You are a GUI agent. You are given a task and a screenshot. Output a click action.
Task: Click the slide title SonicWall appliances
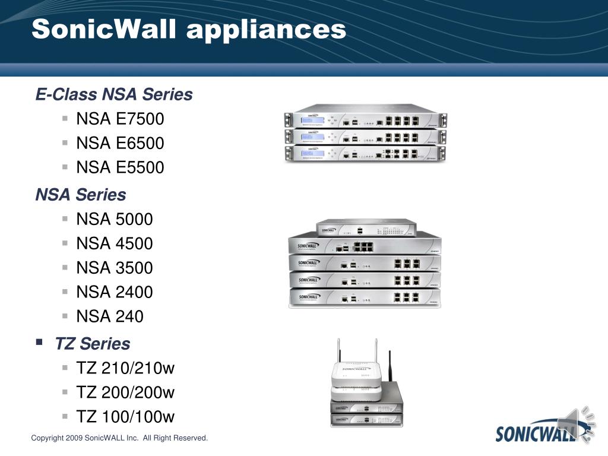pos(189,30)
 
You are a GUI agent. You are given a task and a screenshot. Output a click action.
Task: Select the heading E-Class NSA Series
pos(114,94)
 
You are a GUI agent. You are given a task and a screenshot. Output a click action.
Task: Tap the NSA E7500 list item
pos(120,119)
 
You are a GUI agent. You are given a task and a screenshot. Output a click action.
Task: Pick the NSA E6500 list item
pos(120,143)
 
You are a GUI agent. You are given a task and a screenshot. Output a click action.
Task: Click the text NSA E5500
pos(120,167)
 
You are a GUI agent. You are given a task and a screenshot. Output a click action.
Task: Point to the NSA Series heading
pos(81,195)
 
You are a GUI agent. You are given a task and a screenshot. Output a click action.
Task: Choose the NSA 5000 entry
pos(115,219)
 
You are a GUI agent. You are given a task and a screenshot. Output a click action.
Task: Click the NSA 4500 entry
pos(115,243)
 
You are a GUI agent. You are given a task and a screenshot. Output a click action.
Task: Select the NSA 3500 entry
pos(115,268)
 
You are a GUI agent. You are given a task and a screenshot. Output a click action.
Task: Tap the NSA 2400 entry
pos(115,292)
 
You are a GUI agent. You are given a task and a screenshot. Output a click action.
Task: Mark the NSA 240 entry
pos(110,316)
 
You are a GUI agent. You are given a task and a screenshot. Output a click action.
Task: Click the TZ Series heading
pos(92,344)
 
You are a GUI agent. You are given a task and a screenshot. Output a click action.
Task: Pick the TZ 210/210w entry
pos(125,368)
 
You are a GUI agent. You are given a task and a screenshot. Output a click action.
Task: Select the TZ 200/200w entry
pos(125,392)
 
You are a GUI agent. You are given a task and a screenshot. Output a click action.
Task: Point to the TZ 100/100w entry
pos(125,417)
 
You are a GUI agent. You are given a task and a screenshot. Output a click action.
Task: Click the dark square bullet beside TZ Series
pos(39,342)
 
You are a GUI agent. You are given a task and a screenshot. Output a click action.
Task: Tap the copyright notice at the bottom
pos(119,438)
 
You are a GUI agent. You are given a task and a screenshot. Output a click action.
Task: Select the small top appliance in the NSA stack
pos(366,227)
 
